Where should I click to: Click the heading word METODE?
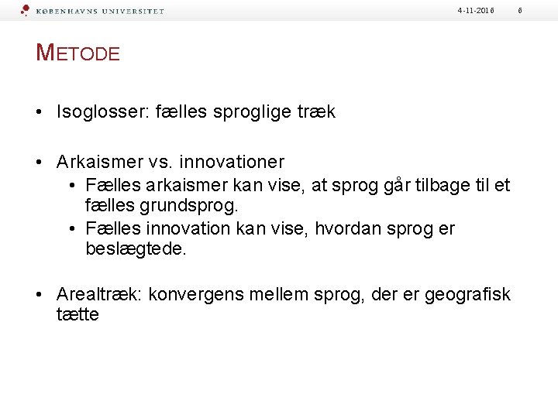coord(78,53)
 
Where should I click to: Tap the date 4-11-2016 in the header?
coord(475,10)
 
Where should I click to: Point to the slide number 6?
coord(542,10)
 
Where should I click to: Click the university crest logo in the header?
coord(25,11)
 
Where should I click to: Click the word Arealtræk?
coord(98,295)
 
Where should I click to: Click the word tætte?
coord(77,316)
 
